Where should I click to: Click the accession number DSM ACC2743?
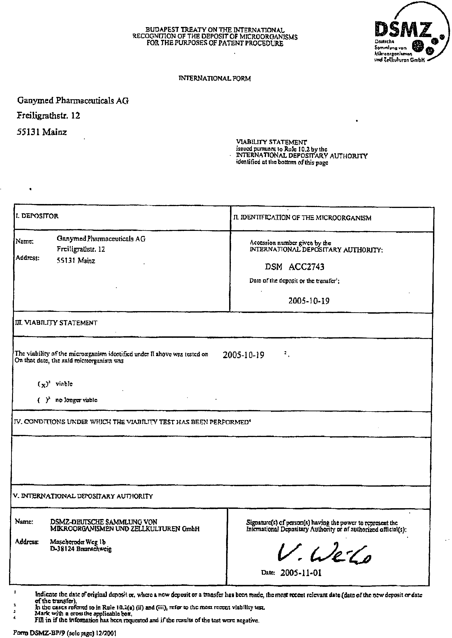tap(294, 267)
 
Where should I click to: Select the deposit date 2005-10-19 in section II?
tap(309, 301)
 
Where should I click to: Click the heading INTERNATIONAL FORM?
tap(214, 79)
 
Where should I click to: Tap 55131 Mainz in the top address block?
tap(42, 132)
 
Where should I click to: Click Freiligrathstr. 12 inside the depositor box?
tap(81, 249)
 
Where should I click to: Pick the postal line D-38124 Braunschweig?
tap(81, 549)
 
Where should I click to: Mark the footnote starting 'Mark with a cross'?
tap(83, 613)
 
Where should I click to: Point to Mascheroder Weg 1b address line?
tap(78, 542)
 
